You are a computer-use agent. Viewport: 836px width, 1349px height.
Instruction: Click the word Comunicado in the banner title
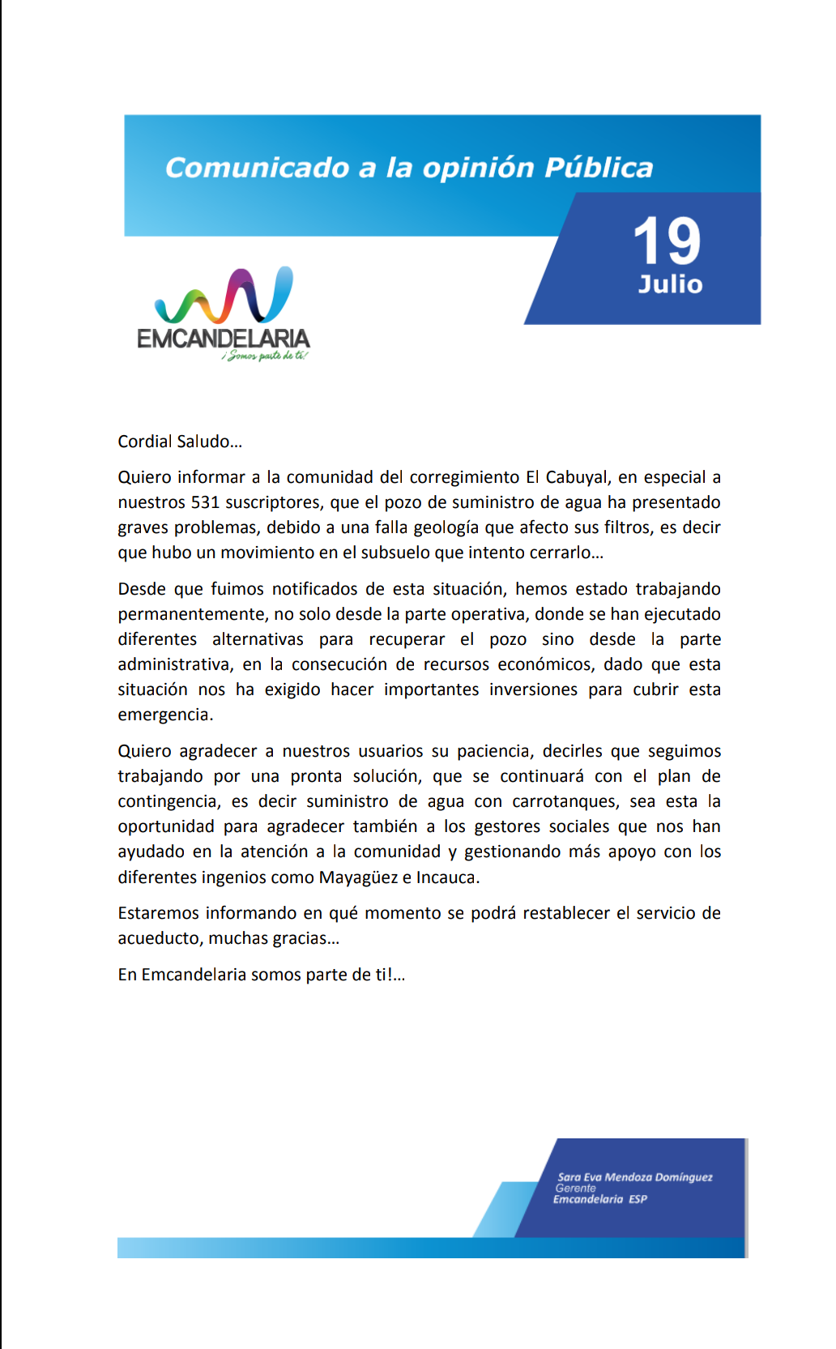pyautogui.click(x=258, y=168)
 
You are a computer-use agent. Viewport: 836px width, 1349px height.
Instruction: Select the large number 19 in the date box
pyautogui.click(x=667, y=241)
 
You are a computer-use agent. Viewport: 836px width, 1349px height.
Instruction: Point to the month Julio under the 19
pyautogui.click(x=670, y=284)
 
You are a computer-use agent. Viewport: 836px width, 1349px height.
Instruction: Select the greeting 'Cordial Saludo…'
pyautogui.click(x=180, y=442)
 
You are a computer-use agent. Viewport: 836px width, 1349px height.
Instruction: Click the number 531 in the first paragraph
pyautogui.click(x=205, y=502)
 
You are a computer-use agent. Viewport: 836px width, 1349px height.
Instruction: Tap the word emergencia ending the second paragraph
pyautogui.click(x=164, y=715)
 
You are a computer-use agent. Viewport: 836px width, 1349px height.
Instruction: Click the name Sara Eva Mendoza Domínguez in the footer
pyautogui.click(x=634, y=1177)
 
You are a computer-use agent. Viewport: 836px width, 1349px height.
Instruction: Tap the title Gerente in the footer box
pyautogui.click(x=575, y=1189)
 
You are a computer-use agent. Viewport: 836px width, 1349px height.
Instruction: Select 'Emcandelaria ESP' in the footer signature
pyautogui.click(x=600, y=1199)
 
